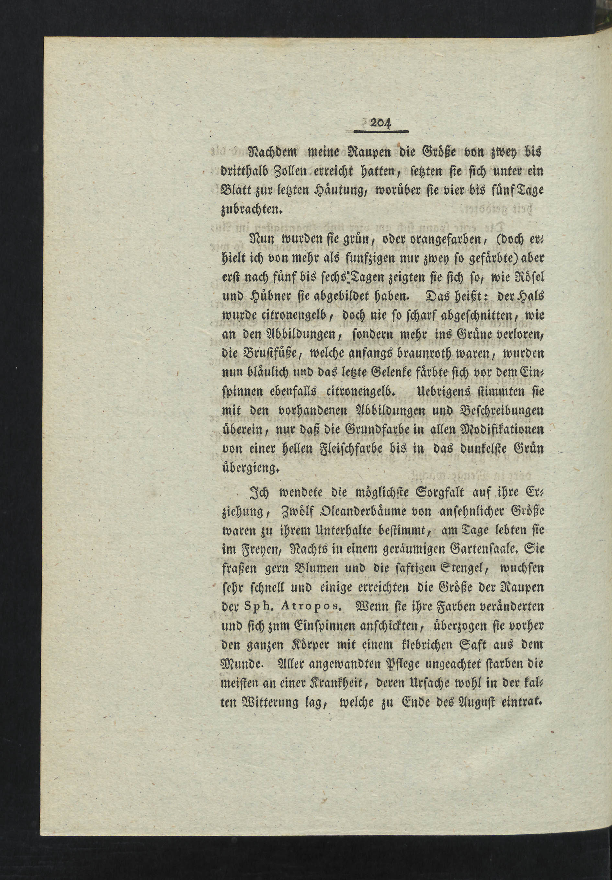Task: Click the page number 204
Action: click(380, 123)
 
